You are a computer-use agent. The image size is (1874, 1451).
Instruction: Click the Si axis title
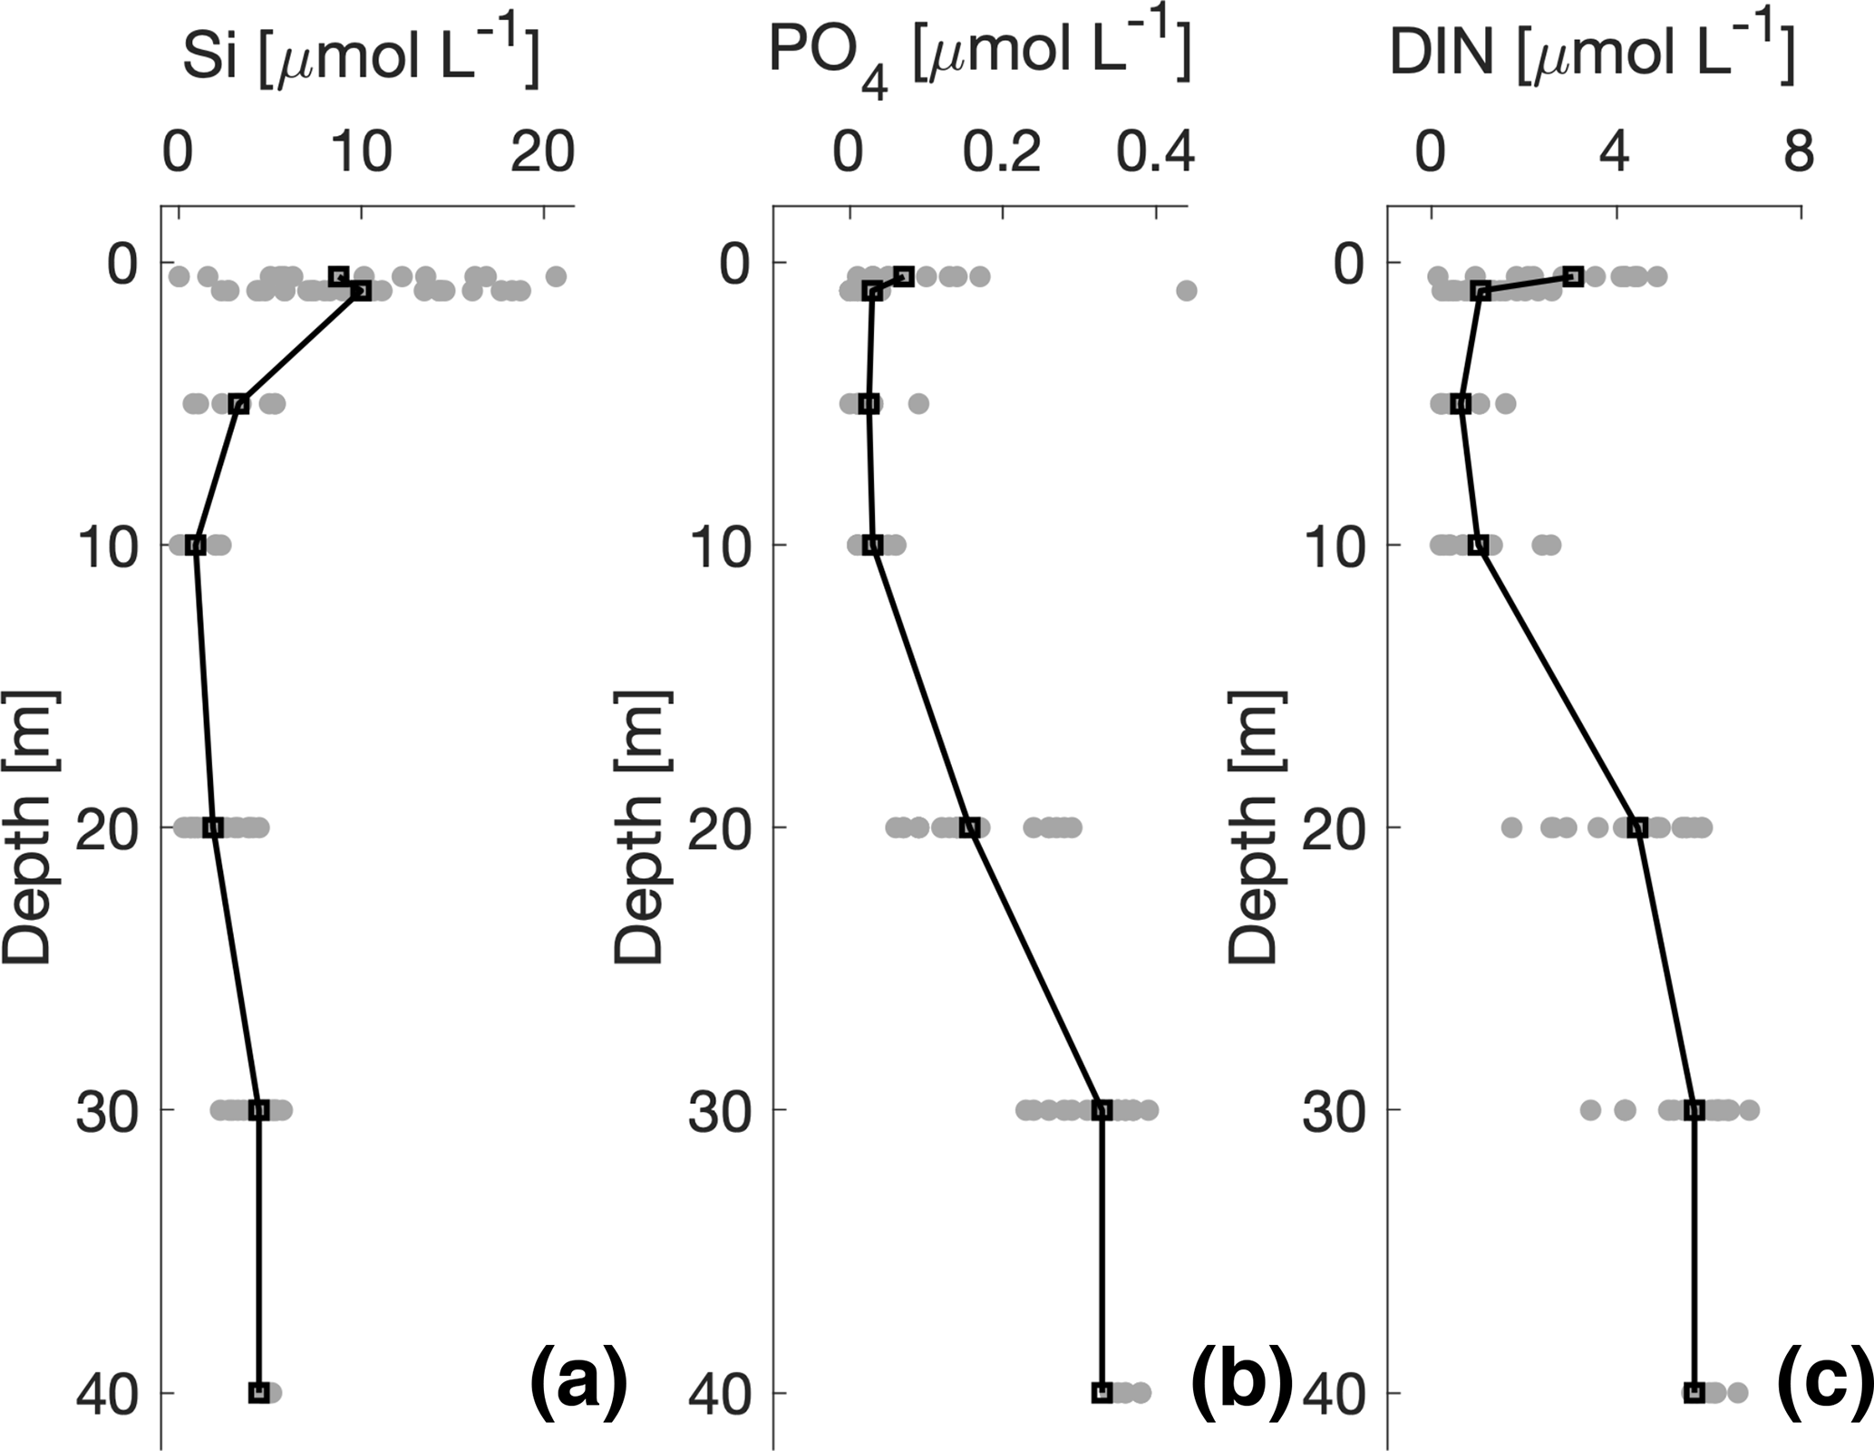coord(361,53)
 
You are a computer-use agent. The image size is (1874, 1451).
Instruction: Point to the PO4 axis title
coord(979,55)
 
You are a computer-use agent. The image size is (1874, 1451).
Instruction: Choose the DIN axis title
coord(1592,53)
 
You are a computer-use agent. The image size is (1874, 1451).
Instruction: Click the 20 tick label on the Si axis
coord(542,151)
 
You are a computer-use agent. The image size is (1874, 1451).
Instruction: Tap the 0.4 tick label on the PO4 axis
coord(1155,151)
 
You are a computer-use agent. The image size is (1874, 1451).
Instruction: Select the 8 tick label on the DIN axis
coord(1799,151)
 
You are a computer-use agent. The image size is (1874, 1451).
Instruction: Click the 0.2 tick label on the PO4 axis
coord(1002,151)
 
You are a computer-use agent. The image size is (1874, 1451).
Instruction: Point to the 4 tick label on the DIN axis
coord(1615,151)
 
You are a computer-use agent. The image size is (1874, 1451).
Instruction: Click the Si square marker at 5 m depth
coord(238,404)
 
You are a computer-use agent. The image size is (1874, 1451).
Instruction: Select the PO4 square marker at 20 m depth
coord(969,827)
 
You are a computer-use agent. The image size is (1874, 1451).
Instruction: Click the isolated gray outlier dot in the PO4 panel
coord(1186,291)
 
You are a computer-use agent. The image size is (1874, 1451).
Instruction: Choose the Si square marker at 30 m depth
coord(259,1109)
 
